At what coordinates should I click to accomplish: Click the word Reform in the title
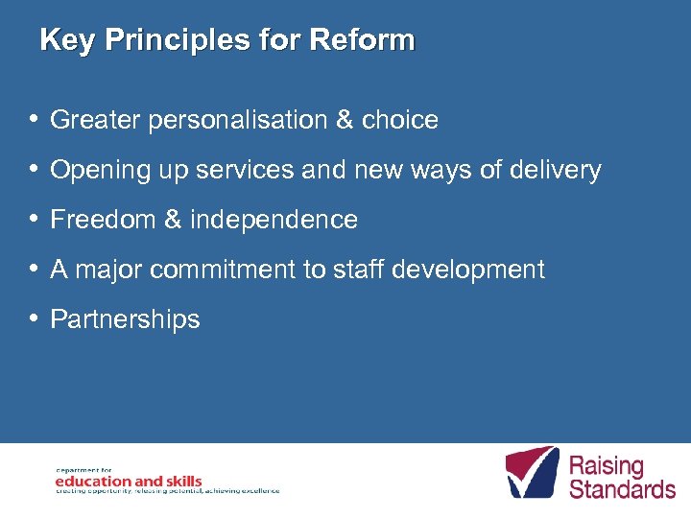363,40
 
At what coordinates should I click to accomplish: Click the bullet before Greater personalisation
34,120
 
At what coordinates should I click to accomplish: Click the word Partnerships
125,319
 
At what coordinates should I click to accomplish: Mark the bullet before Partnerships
34,319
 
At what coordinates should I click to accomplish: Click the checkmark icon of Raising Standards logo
532,471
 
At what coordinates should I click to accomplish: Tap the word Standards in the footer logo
622,488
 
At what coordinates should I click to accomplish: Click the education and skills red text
129,481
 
